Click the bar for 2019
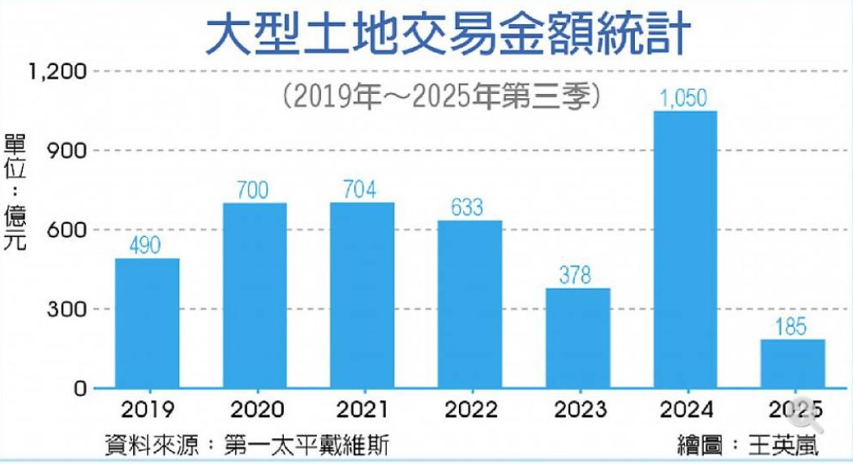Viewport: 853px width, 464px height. [x=147, y=323]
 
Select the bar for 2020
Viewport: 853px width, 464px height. [x=254, y=295]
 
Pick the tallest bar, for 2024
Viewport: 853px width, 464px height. [x=684, y=249]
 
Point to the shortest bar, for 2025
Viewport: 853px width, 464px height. [x=791, y=363]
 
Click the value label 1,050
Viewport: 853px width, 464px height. [x=684, y=99]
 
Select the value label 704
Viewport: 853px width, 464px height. [x=361, y=190]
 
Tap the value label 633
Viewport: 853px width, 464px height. [x=469, y=208]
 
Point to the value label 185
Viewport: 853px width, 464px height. [x=791, y=327]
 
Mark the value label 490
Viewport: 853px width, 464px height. [x=147, y=246]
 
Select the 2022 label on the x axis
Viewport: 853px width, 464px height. [x=469, y=409]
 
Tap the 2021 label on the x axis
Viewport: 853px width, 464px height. [x=361, y=409]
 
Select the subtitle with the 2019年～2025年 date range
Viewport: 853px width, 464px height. [x=442, y=97]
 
